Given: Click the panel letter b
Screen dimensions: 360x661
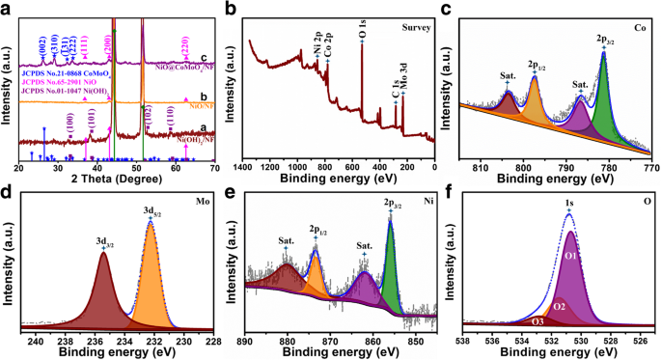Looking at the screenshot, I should pyautogui.click(x=230, y=10).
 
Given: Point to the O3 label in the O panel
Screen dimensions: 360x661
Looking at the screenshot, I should pyautogui.click(x=537, y=321).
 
